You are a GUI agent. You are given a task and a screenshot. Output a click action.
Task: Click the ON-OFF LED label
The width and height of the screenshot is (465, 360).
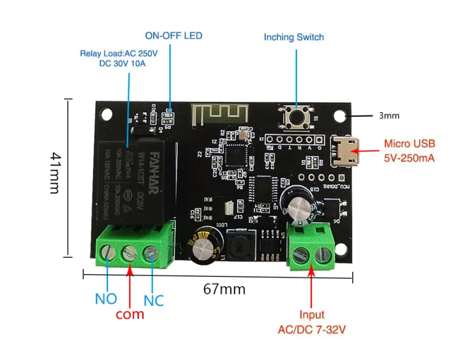tap(173, 36)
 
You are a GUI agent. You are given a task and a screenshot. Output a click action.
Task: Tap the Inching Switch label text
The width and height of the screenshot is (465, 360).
tap(294, 37)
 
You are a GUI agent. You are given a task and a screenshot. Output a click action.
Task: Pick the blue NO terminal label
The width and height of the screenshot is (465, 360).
tap(106, 299)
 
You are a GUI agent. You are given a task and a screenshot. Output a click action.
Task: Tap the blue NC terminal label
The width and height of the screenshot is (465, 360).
tap(153, 300)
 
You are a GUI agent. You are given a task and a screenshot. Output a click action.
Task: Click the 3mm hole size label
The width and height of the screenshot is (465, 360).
tap(389, 116)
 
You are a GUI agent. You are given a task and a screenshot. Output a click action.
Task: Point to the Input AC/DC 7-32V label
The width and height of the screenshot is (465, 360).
tap(312, 322)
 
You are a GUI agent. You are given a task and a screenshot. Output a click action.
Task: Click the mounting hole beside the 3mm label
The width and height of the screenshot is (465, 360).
tap(339, 116)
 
